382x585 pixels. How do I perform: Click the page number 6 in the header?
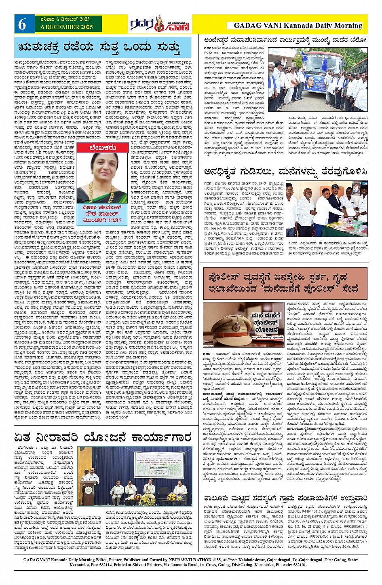click(x=22, y=25)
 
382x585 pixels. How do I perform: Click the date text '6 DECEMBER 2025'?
click(x=67, y=28)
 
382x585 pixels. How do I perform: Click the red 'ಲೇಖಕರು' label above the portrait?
click(x=103, y=148)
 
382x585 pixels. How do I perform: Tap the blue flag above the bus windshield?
click(x=304, y=57)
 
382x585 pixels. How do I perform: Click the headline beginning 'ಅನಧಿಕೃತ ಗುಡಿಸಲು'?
click(x=285, y=172)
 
